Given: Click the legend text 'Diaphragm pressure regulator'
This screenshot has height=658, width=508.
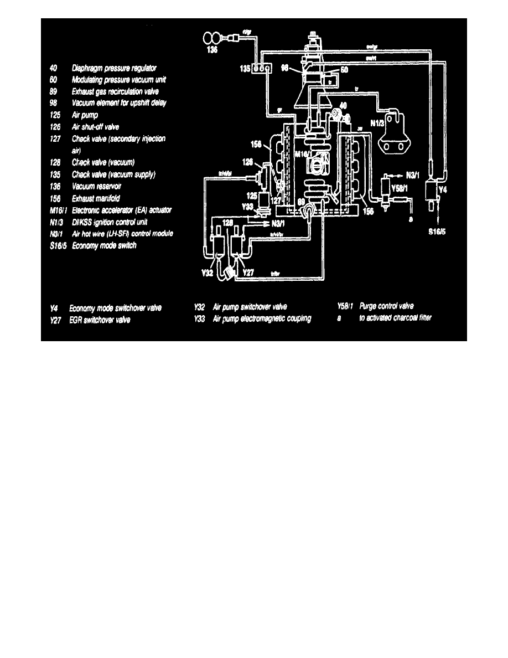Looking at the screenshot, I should (114, 68).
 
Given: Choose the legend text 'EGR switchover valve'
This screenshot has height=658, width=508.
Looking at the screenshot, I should (100, 320).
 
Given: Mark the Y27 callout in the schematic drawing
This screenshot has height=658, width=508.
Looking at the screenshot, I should (248, 273).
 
